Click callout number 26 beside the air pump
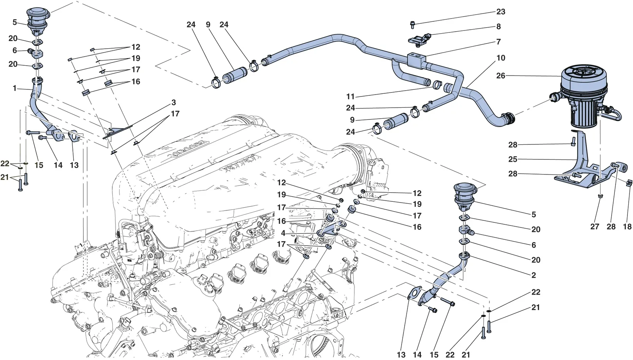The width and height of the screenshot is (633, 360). click(x=500, y=76)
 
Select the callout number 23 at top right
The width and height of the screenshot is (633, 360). click(x=501, y=12)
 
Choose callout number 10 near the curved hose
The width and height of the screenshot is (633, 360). click(x=501, y=58)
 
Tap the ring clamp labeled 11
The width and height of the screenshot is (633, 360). click(x=437, y=84)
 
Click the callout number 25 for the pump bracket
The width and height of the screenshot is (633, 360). click(x=513, y=159)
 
